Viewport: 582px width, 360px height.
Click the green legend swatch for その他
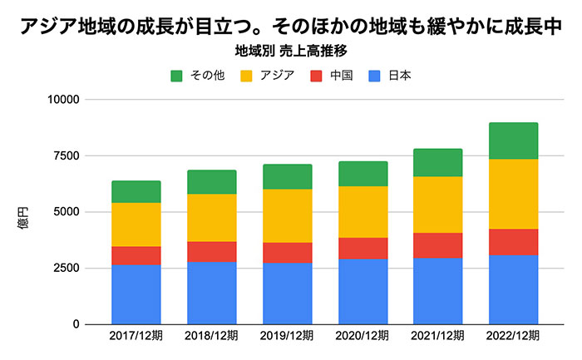point(177,76)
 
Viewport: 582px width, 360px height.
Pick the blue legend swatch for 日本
point(375,76)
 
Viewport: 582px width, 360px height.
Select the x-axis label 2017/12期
point(136,337)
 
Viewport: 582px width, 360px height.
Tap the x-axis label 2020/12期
point(363,337)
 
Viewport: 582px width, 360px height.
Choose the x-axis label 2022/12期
point(513,337)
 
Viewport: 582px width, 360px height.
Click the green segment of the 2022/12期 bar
point(513,141)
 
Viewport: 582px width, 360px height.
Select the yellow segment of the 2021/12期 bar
point(437,205)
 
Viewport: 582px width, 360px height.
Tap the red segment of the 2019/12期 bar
point(287,253)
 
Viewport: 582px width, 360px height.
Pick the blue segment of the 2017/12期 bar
point(136,294)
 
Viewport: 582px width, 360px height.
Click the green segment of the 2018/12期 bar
point(211,182)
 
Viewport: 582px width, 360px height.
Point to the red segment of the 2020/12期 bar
point(363,248)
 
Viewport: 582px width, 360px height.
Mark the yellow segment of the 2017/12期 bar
point(136,224)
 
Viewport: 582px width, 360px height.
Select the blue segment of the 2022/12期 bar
point(513,289)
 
